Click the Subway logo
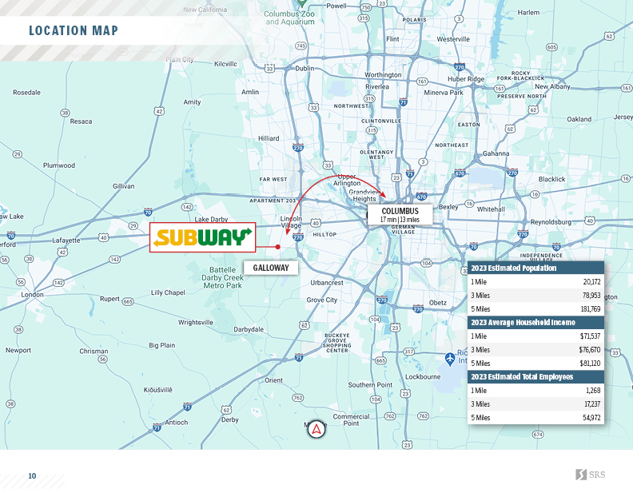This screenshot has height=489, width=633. coord(202,237)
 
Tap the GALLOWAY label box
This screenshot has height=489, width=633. coord(271,268)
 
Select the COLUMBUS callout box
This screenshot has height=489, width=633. coord(400,214)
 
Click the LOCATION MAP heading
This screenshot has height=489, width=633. coord(74,31)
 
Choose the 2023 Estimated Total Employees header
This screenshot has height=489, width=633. coord(522,376)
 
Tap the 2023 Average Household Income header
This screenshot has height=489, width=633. coord(523,322)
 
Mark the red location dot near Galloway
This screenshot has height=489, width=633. coord(278,247)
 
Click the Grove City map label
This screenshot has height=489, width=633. coord(322,300)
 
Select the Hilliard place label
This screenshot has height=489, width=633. coord(269,138)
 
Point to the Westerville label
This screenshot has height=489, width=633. coord(453,39)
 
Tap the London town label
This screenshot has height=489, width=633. coord(33,294)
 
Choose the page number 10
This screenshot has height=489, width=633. coord(32,476)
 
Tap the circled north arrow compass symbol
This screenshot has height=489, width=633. coord(316,429)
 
